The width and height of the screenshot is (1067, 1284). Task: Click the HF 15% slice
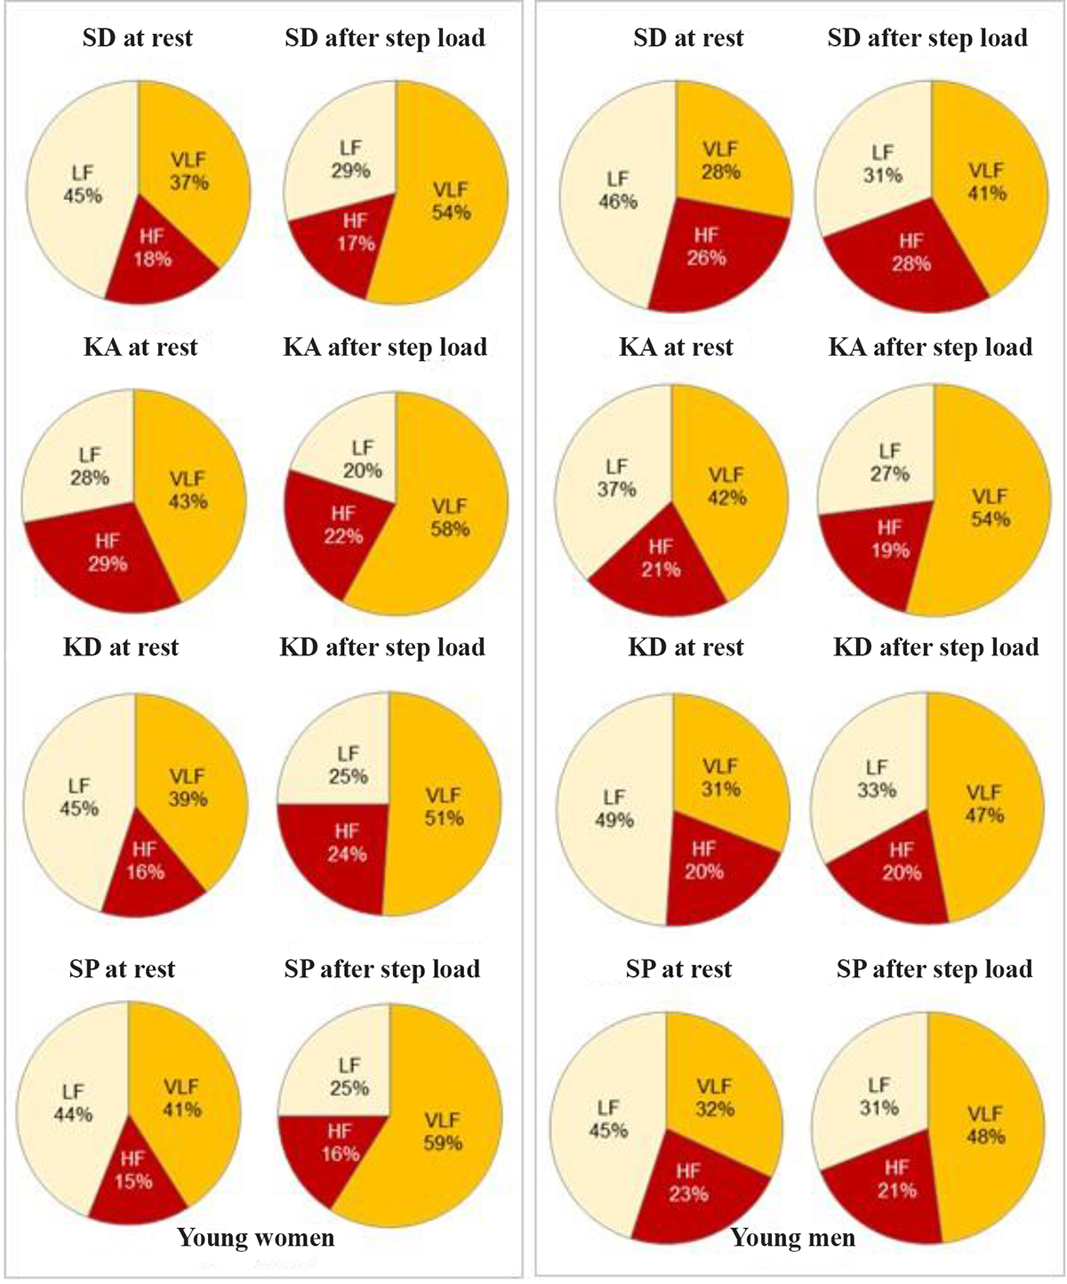[133, 1174]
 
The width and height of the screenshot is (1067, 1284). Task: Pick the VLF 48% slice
[983, 1129]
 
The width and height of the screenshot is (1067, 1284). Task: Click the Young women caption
[256, 1238]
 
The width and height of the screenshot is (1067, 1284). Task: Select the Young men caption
[793, 1238]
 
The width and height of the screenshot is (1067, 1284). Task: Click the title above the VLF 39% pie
[121, 646]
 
